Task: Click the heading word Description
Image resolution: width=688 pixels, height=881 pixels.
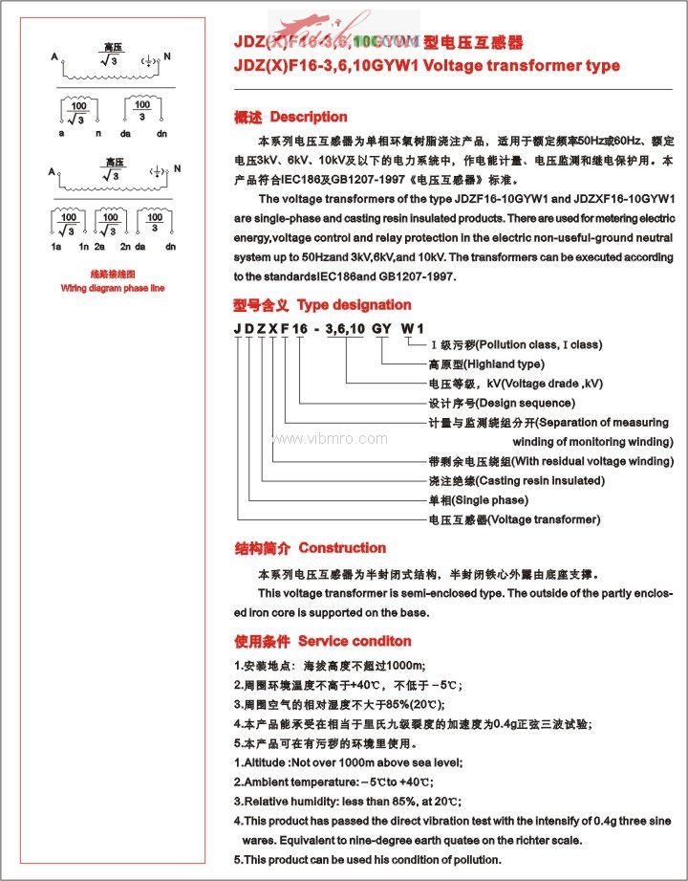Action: (309, 117)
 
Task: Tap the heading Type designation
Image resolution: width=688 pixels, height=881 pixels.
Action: (354, 305)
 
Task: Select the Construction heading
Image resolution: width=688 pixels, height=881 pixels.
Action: (342, 548)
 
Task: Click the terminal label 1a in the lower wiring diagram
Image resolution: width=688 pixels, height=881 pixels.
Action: (57, 247)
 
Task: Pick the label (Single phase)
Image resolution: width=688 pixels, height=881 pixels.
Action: (489, 500)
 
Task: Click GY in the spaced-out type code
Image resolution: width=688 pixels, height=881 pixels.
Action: (381, 328)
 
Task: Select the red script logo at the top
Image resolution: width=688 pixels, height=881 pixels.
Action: (330, 26)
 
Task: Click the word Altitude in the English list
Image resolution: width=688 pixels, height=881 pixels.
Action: (266, 762)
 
